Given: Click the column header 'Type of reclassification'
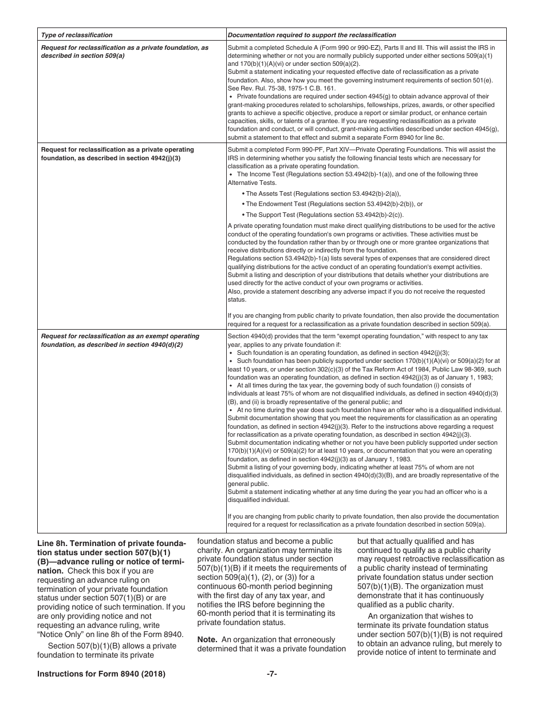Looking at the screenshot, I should [77, 35].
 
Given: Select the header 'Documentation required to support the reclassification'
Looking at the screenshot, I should [312, 35].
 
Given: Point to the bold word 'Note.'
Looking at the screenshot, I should [207, 639].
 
